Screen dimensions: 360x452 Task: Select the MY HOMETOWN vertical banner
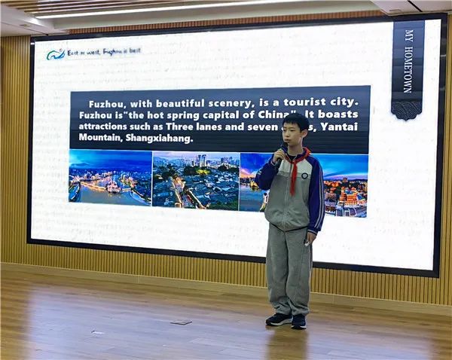tap(408, 68)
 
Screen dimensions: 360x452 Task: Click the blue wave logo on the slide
tap(56, 53)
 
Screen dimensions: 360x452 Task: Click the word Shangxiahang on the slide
tap(162, 138)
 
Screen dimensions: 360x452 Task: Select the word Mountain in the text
tap(102, 138)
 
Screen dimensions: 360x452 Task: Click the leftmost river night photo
tap(110, 178)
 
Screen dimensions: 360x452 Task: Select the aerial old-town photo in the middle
tap(195, 180)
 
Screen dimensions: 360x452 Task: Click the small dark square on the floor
tap(181, 322)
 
